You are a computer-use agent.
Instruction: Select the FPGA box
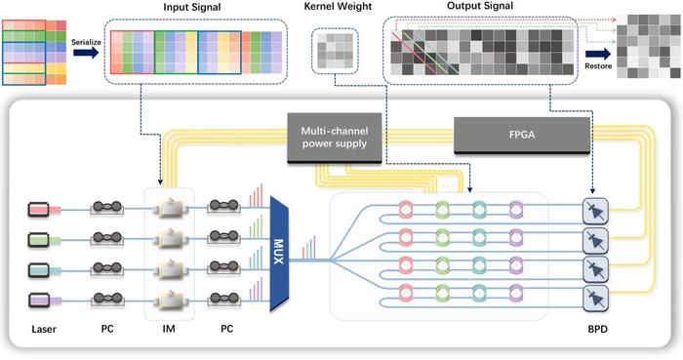click(521, 135)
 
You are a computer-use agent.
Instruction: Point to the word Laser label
click(44, 330)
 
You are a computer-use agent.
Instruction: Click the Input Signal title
click(191, 8)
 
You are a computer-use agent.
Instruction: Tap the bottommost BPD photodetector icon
click(592, 295)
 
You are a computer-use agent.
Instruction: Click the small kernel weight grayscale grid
click(334, 49)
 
